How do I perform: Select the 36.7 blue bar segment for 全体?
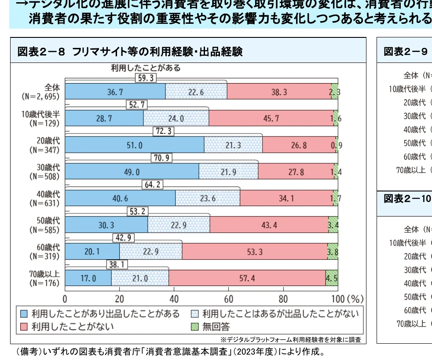pyautogui.click(x=115, y=92)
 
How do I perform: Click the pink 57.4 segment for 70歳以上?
pyautogui.click(x=247, y=278)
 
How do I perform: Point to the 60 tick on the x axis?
pyautogui.click(x=228, y=300)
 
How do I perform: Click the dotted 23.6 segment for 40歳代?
pyautogui.click(x=208, y=198)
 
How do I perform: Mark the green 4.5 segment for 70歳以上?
pyautogui.click(x=331, y=278)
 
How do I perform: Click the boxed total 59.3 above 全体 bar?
pyautogui.click(x=145, y=78)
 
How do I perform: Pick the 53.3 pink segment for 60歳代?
pyautogui.click(x=254, y=251)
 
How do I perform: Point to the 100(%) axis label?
pyautogui.click(x=346, y=300)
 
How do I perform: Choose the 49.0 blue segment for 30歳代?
pyautogui.click(x=132, y=172)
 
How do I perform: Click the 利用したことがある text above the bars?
pyautogui.click(x=145, y=68)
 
